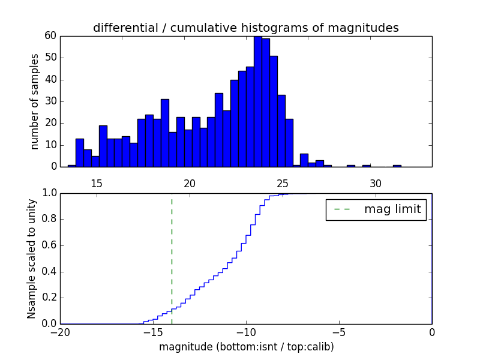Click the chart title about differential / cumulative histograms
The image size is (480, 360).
(x=245, y=28)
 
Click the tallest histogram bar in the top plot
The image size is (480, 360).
(x=258, y=101)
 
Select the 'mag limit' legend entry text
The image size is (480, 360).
(x=392, y=209)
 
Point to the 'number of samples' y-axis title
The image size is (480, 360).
(x=35, y=101)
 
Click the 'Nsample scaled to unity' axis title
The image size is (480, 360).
(x=31, y=259)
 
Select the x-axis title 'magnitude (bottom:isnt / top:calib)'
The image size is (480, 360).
(x=246, y=347)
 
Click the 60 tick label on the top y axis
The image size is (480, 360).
(x=50, y=36)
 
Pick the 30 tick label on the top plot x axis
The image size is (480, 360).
(x=376, y=184)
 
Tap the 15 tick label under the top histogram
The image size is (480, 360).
(x=97, y=184)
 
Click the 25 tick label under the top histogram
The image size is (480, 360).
(x=283, y=184)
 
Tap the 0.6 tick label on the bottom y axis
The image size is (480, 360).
(x=49, y=245)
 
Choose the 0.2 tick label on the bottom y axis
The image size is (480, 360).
(x=49, y=298)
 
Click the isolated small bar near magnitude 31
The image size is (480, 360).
(x=397, y=166)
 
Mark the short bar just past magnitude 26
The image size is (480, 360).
(x=304, y=161)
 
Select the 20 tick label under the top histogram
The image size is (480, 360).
(x=190, y=184)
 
